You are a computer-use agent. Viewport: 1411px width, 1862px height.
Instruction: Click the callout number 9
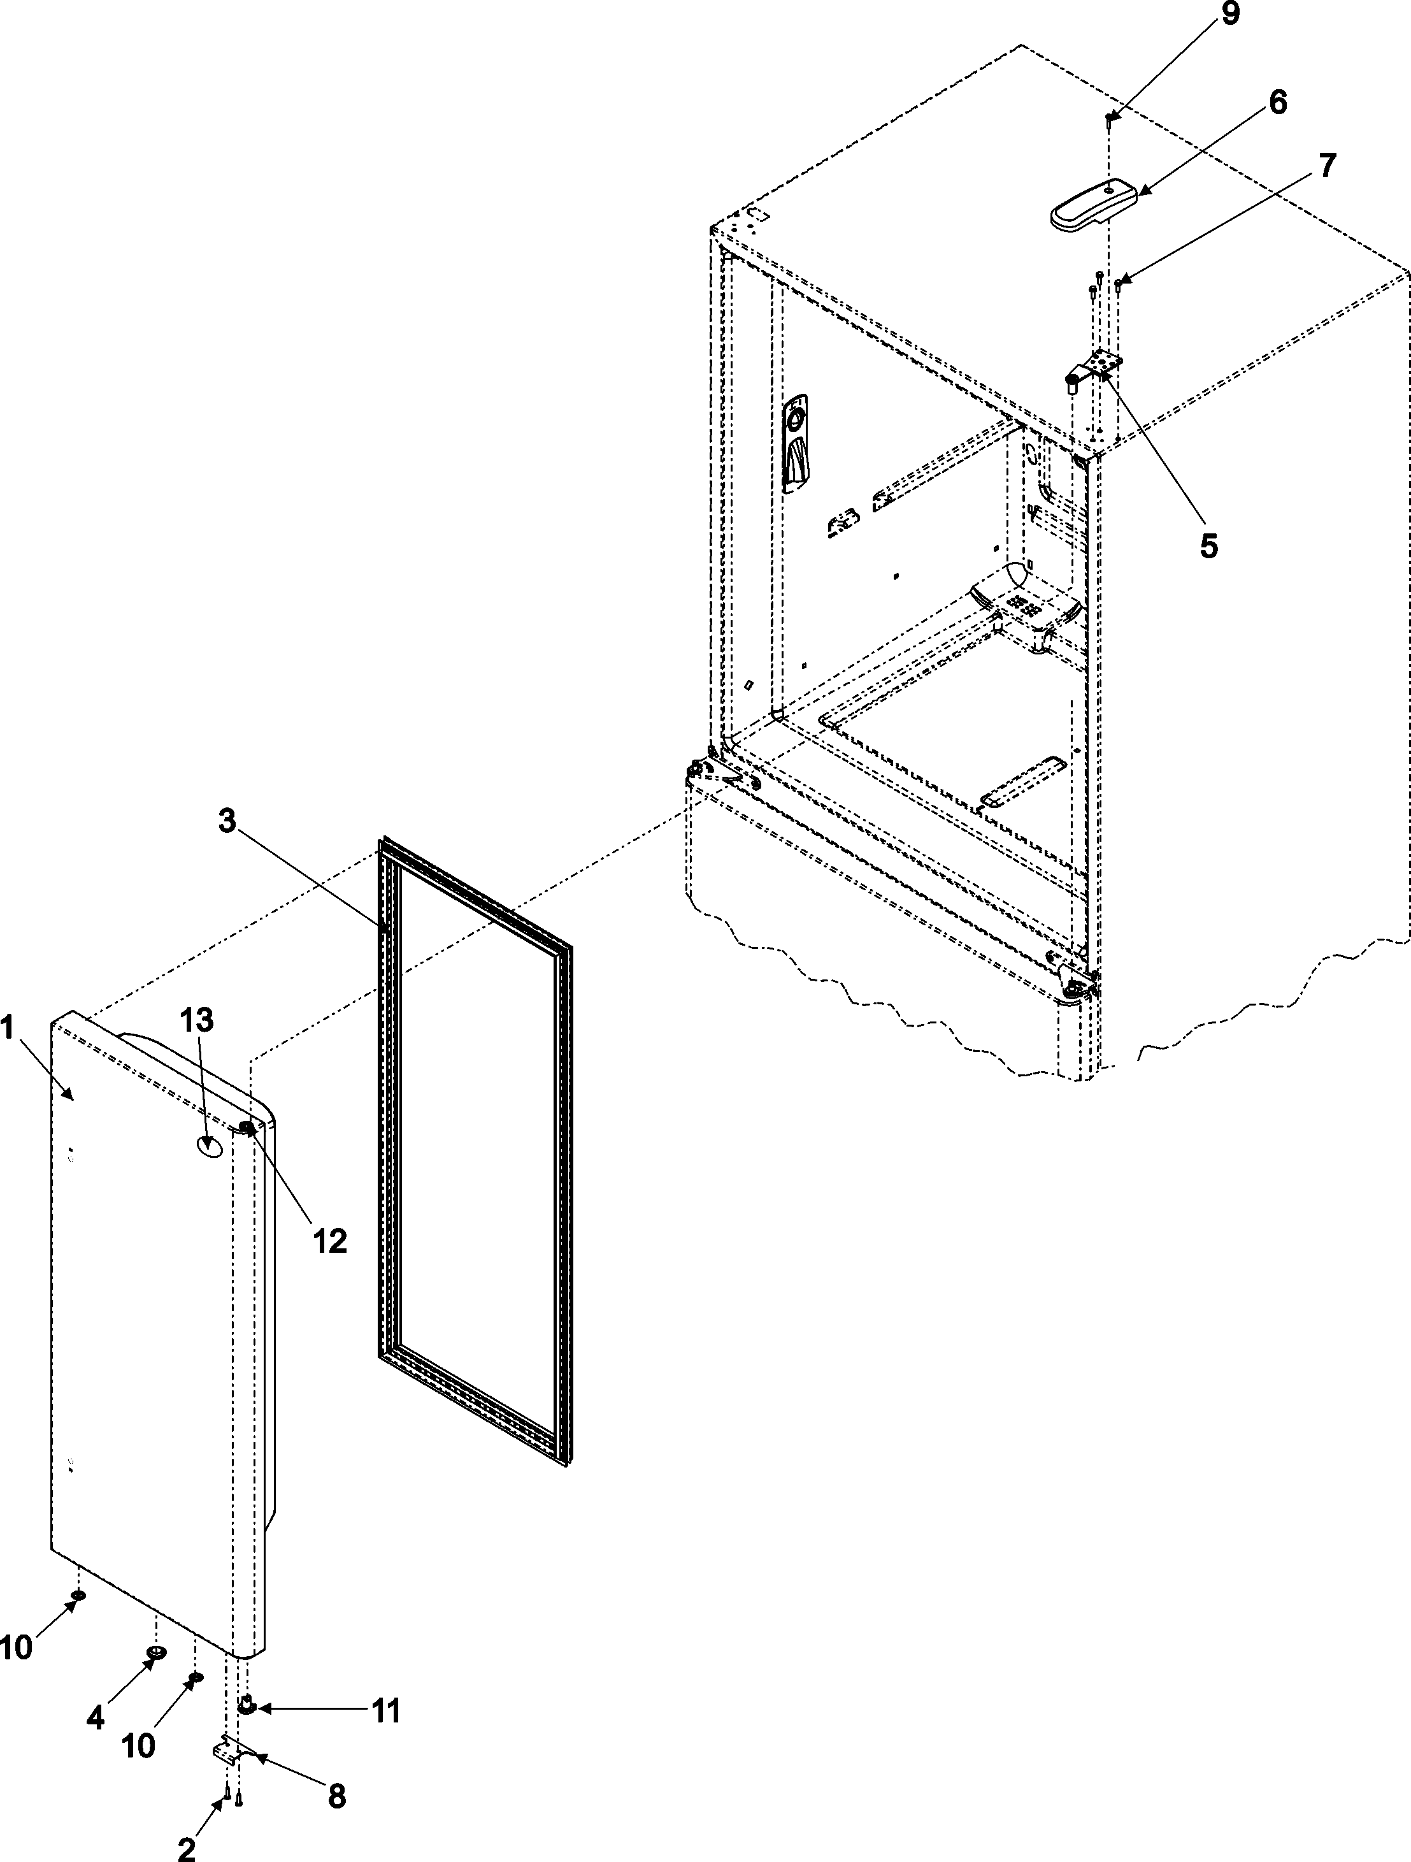[1230, 16]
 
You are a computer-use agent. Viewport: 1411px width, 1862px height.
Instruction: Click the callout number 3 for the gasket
[227, 821]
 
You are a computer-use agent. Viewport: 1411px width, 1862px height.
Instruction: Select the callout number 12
[330, 1241]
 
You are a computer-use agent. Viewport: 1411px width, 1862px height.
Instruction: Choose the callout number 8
[336, 1797]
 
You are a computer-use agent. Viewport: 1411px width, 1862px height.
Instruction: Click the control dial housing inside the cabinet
[794, 444]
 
